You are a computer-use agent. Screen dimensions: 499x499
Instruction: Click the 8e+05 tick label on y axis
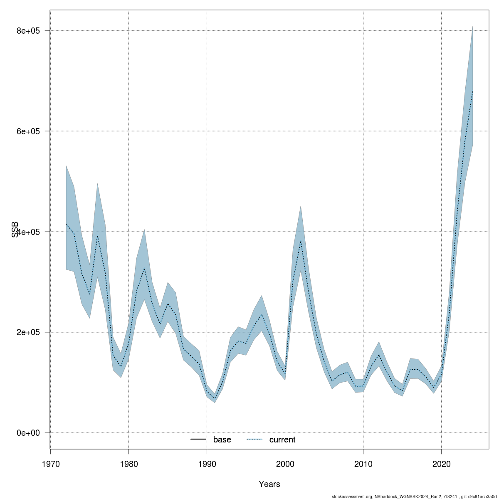[x=28, y=31]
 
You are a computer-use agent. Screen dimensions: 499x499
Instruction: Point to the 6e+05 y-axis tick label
[x=28, y=131]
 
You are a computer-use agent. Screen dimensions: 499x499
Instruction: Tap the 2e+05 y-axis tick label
[x=28, y=332]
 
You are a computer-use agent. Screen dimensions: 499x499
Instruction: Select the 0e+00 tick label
[x=28, y=433]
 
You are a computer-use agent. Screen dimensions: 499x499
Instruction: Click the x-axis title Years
[x=269, y=484]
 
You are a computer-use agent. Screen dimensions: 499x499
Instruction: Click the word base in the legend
[x=222, y=440]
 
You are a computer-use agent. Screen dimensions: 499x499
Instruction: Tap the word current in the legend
[x=282, y=440]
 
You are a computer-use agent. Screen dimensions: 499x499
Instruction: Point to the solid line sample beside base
[x=199, y=440]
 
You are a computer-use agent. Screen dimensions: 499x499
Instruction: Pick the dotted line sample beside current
[x=254, y=440]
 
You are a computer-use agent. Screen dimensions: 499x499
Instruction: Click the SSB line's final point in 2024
[x=473, y=91]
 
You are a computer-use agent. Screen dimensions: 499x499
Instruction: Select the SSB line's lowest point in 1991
[x=215, y=399]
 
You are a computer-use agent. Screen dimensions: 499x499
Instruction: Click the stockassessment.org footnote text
[x=414, y=496]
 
